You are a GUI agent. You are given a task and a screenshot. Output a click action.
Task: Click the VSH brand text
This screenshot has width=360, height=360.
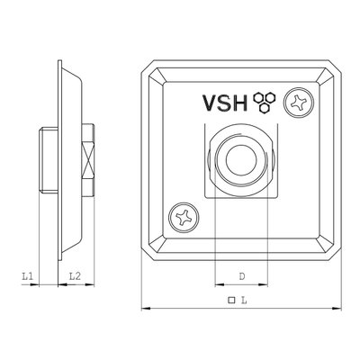tap(225, 103)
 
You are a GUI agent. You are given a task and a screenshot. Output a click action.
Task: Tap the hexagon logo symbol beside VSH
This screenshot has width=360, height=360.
tap(265, 103)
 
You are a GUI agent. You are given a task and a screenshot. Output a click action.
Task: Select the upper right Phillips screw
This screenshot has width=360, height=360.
tap(299, 103)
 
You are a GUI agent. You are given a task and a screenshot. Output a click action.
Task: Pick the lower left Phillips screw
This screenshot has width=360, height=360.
tap(184, 217)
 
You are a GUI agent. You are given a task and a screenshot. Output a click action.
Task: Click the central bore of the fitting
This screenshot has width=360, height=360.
tap(241, 159)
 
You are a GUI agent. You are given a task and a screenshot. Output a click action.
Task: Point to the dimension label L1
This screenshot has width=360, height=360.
tap(27, 276)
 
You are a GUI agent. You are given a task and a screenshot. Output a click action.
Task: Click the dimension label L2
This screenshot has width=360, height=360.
tap(75, 276)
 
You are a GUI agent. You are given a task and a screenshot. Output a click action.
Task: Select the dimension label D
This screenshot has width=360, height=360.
tap(242, 276)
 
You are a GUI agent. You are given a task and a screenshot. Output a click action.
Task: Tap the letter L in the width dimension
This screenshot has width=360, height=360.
tap(244, 300)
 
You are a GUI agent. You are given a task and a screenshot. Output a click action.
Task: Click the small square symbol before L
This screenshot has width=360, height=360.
tap(231, 300)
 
